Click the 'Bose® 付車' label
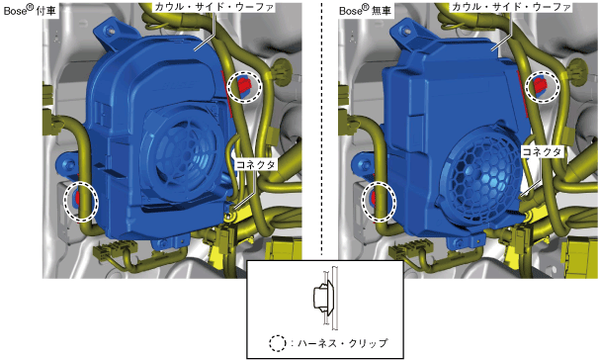30,10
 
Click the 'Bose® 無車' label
366,10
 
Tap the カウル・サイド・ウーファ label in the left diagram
214,7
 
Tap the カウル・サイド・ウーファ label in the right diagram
511,7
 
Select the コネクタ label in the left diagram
256,164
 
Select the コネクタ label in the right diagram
542,151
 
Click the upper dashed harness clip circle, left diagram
244,87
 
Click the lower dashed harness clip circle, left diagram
81,202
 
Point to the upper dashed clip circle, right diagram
542,87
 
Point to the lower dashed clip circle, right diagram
379,202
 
